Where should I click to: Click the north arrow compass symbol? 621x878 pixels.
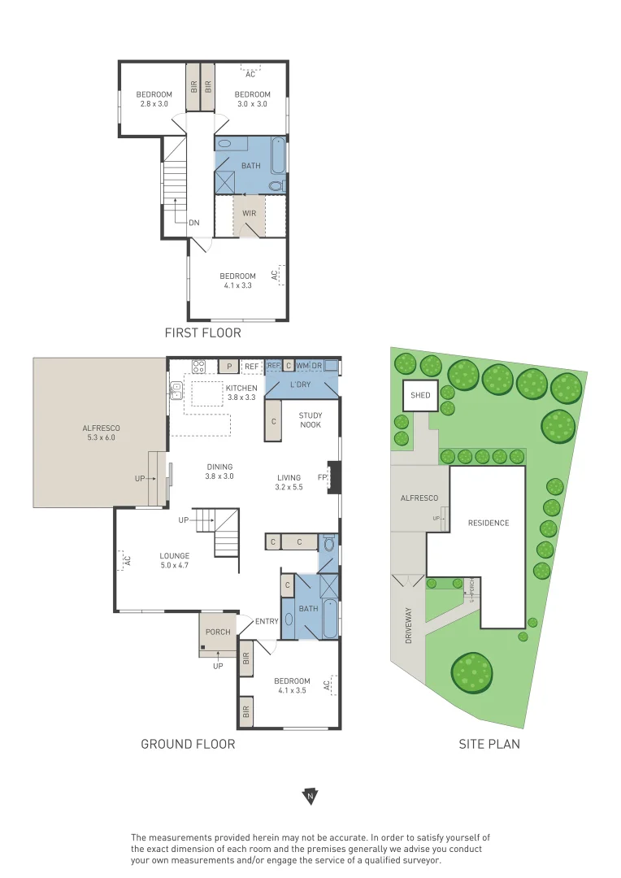click(310, 796)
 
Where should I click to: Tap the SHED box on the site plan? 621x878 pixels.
click(420, 395)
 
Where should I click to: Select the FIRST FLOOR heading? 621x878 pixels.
click(202, 333)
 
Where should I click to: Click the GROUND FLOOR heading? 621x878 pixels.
click(188, 744)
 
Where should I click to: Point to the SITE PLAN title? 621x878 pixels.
click(489, 744)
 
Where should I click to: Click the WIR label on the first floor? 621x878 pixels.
click(250, 213)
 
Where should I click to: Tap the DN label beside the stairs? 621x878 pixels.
click(193, 223)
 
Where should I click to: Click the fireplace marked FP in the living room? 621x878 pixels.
click(334, 478)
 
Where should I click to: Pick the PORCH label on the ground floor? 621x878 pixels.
click(218, 632)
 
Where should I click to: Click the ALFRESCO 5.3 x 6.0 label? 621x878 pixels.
click(101, 432)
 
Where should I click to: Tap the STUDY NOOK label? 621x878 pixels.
click(310, 420)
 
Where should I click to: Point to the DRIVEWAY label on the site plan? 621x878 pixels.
click(408, 625)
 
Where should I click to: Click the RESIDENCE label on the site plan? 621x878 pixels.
click(489, 523)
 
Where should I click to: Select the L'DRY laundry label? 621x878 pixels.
click(300, 385)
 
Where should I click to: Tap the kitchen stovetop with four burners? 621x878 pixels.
click(199, 366)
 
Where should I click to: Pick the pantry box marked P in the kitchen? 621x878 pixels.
click(229, 366)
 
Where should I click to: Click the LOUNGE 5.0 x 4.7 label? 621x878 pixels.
click(174, 560)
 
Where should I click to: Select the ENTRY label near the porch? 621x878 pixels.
click(267, 622)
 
